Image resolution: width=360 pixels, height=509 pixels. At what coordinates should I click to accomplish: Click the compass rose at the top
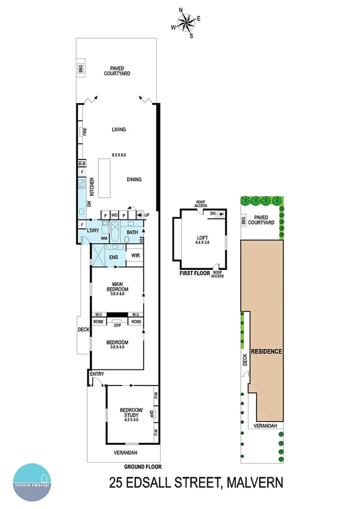[187, 22]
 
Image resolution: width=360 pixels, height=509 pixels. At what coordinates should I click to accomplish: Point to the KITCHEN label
[92, 188]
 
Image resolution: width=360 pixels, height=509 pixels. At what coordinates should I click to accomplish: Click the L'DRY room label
[92, 231]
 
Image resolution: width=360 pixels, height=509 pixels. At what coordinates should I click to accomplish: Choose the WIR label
[135, 257]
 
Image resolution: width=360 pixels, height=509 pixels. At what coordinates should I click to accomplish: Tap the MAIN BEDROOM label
[117, 287]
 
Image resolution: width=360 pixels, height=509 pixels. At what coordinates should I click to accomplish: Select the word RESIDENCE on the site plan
[267, 351]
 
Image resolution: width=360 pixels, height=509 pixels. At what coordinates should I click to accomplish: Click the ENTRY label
[96, 375]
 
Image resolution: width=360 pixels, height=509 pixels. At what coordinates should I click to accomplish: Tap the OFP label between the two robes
[117, 326]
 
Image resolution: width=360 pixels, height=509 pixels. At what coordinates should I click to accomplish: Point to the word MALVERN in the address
[260, 483]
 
